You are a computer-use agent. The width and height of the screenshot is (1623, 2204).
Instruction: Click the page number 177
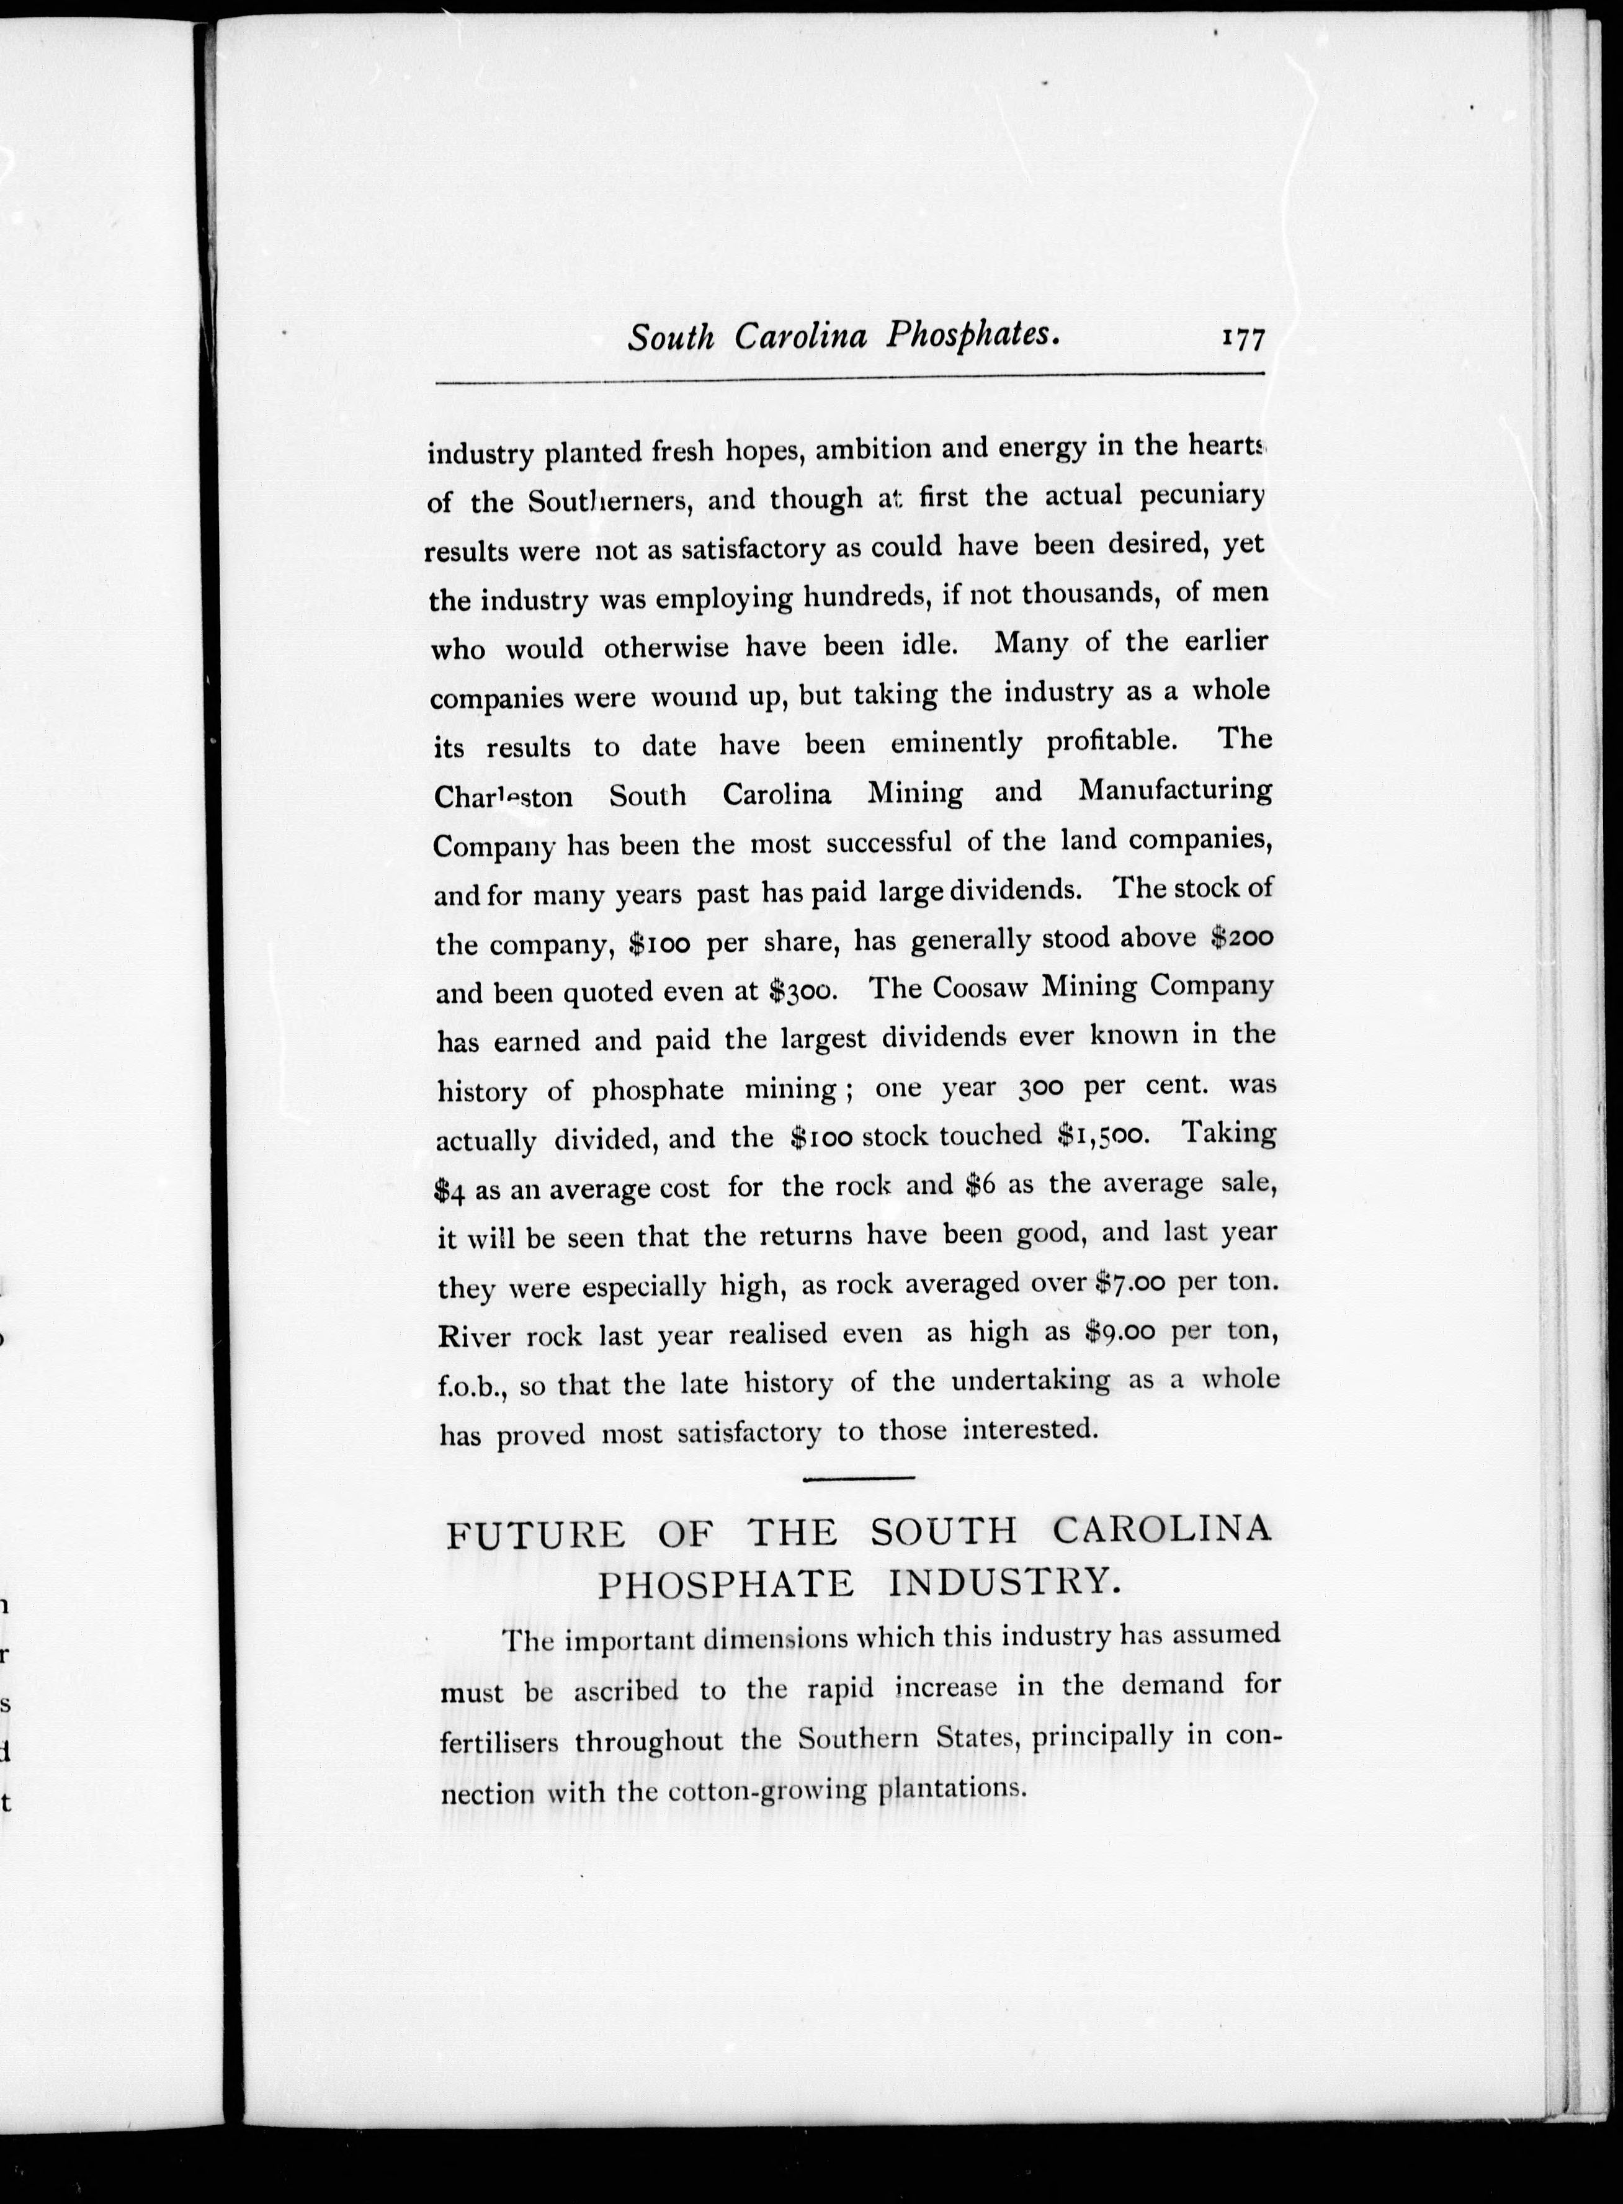(x=1242, y=338)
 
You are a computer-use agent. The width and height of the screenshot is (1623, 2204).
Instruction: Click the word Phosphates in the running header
(x=973, y=336)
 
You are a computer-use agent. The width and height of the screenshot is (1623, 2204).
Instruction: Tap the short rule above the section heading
(x=859, y=1477)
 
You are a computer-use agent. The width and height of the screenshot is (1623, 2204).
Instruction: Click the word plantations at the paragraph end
(x=950, y=1788)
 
